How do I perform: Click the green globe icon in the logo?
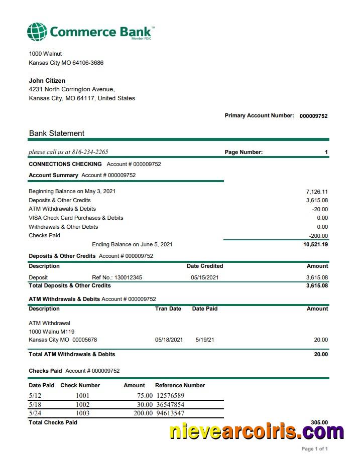[37, 32]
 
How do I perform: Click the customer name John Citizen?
[47, 81]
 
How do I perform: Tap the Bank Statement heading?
[57, 133]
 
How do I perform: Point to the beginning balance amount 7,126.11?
[317, 192]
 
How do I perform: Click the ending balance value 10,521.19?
[316, 245]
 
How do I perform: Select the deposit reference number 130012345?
[128, 277]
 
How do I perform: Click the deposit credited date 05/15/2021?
[205, 277]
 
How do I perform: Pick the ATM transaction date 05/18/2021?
[169, 340]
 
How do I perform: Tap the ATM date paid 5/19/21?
[205, 340]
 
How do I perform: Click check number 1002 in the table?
[82, 405]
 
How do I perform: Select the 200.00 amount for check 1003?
[143, 413]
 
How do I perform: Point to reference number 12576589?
[170, 396]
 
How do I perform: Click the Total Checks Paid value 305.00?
[319, 423]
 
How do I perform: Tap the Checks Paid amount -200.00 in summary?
[318, 236]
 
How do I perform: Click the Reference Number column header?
[180, 385]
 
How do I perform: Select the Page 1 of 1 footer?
[315, 449]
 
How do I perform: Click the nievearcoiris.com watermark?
[256, 431]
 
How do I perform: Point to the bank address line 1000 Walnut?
[45, 54]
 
